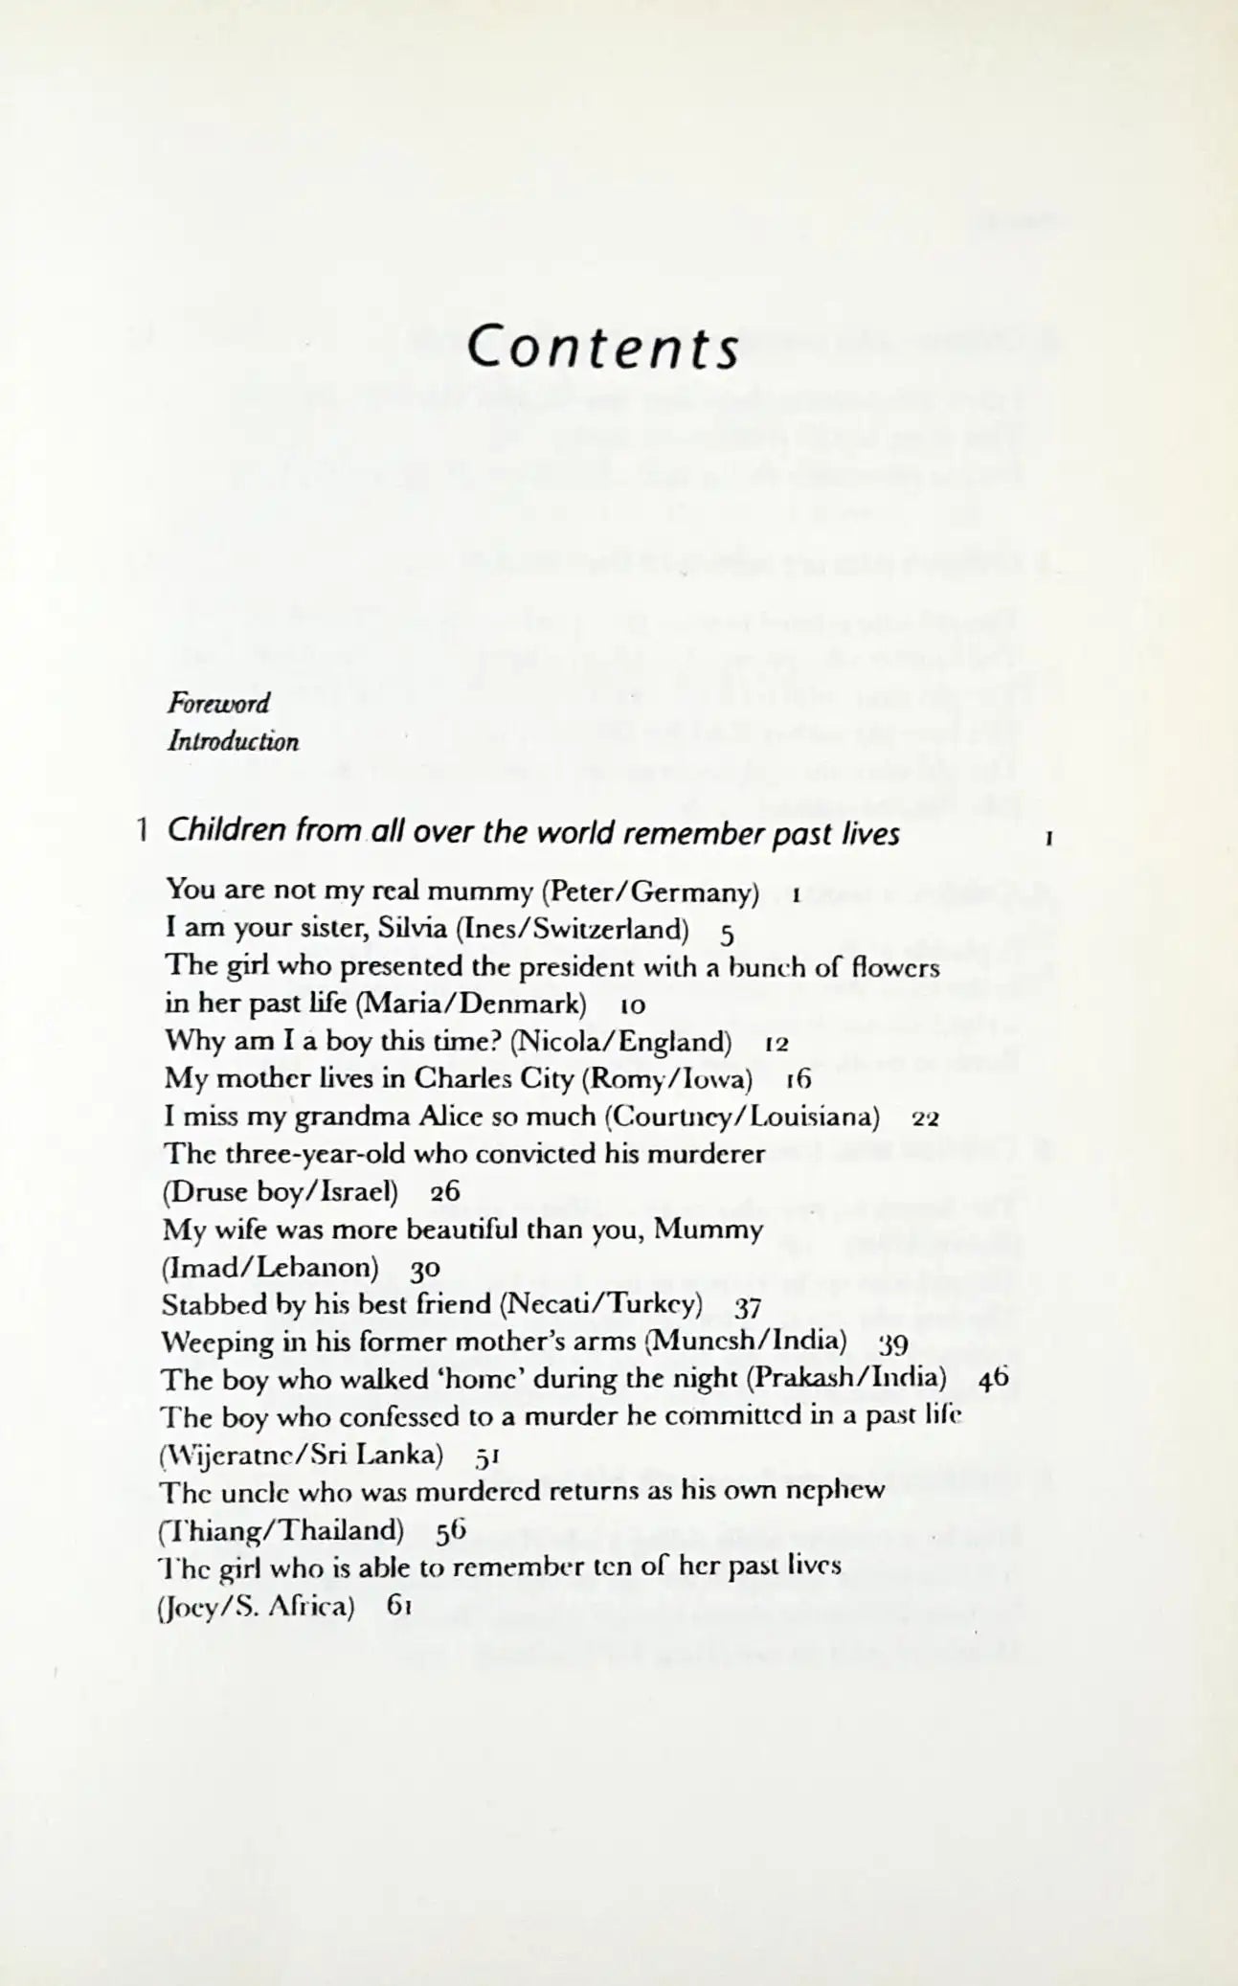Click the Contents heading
pos(603,349)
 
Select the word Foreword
pos(218,704)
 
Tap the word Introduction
pos(233,742)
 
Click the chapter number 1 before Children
pos(142,829)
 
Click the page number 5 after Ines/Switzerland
pos(727,933)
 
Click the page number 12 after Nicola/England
pos(777,1044)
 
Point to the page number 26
pos(445,1192)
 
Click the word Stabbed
pos(215,1304)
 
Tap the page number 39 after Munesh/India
pos(892,1343)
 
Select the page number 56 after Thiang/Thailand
pos(450,1531)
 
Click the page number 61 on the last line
pos(399,1606)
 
